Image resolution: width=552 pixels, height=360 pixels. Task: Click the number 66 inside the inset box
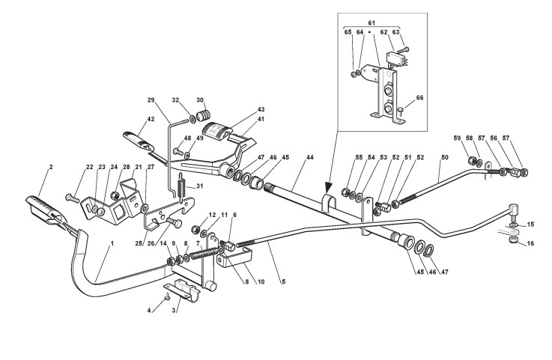419,98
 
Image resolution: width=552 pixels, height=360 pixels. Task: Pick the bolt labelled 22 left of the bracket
71,198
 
